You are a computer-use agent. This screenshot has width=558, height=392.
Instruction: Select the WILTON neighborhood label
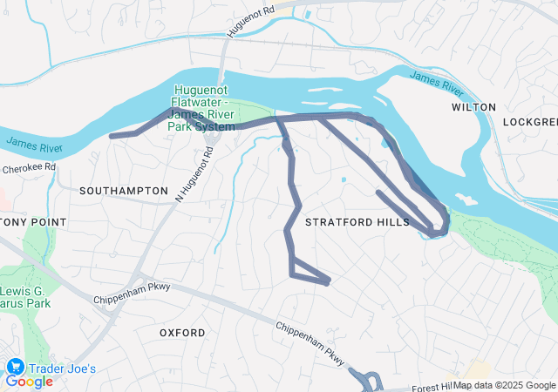[x=473, y=107]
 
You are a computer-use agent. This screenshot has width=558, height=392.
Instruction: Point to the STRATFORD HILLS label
[x=357, y=223]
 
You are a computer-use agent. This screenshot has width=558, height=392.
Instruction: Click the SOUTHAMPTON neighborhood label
[x=123, y=190]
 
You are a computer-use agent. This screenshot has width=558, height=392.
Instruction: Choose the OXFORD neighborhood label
[x=182, y=333]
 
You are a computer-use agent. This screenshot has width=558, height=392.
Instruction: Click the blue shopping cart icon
[x=15, y=367]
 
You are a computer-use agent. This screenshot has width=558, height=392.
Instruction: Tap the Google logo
[x=30, y=382]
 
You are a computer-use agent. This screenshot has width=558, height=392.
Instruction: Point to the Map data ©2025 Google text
[x=505, y=385]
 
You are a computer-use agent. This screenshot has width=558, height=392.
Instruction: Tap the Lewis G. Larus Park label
[x=26, y=295]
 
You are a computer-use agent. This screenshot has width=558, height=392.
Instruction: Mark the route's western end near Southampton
[x=112, y=136]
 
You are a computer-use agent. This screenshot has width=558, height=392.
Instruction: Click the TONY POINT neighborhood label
[x=33, y=222]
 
